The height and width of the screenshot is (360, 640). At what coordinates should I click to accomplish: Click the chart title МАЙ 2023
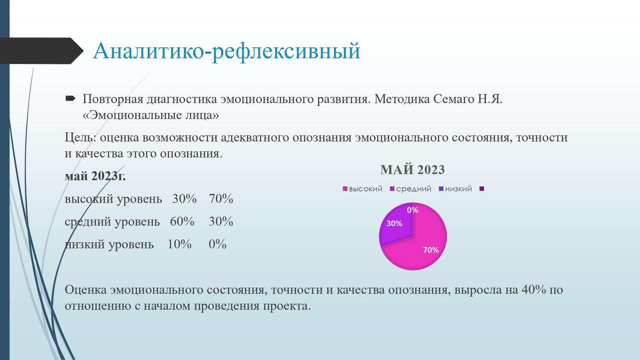point(412,170)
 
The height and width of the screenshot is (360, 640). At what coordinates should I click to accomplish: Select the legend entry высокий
point(363,189)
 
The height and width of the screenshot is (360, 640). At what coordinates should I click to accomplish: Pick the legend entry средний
point(410,189)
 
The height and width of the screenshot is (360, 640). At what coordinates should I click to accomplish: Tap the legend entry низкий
point(455,189)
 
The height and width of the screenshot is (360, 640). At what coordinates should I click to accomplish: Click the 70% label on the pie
point(431,250)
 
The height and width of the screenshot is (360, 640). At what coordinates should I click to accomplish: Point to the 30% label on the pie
point(394,224)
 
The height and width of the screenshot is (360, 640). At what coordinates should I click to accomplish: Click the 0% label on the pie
point(413,210)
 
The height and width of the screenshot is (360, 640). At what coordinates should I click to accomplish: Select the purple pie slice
point(396,226)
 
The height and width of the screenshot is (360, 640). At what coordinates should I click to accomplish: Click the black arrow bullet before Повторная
point(70,99)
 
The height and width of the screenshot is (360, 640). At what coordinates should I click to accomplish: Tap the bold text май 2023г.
point(95,176)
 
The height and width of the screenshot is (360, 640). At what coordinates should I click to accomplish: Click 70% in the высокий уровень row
point(221,199)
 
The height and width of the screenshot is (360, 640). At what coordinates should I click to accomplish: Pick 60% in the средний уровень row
point(182,221)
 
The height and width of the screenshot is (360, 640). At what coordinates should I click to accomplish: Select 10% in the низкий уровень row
point(180,244)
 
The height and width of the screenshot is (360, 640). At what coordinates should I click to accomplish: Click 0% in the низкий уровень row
point(218,244)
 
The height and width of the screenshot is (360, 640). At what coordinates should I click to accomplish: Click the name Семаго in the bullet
point(453,99)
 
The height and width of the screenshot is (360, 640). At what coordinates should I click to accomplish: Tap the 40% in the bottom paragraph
point(534,290)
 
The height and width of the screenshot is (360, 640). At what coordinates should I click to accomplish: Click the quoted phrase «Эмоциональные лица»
point(151,115)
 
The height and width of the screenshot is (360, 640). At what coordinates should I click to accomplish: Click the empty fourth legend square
point(482,189)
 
